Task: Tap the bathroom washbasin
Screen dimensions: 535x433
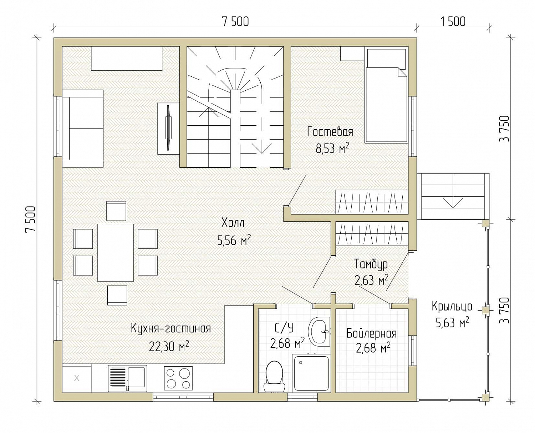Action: click(x=319, y=332)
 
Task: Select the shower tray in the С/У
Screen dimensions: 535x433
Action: click(x=311, y=373)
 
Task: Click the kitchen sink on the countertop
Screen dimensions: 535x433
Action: click(x=127, y=378)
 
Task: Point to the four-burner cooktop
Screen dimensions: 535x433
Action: click(x=178, y=378)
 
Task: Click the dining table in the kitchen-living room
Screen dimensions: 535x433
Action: click(x=116, y=253)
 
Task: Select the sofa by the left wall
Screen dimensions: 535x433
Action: click(x=83, y=129)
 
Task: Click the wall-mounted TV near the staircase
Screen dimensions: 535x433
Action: click(x=168, y=128)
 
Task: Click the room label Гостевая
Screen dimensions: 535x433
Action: click(x=330, y=132)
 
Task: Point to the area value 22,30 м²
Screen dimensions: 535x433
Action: click(x=169, y=347)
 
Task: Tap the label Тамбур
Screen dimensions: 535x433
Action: click(x=371, y=264)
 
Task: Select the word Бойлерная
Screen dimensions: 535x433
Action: click(x=372, y=334)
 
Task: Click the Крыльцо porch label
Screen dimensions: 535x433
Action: click(x=452, y=307)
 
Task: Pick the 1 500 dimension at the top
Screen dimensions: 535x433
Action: click(x=453, y=22)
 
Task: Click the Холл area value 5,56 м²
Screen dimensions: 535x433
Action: click(x=234, y=241)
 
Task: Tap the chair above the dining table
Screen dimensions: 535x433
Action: click(x=116, y=211)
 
